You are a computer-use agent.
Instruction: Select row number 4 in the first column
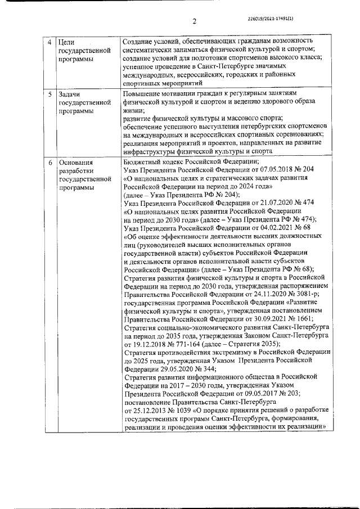click(x=50, y=42)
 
